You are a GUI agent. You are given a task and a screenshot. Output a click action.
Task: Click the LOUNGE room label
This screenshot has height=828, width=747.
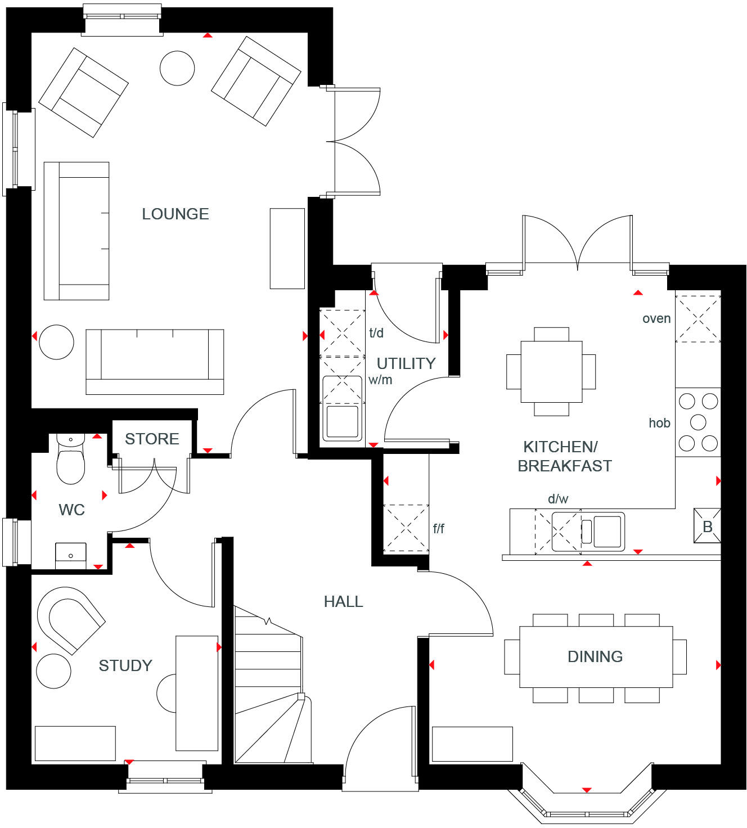pyautogui.click(x=175, y=214)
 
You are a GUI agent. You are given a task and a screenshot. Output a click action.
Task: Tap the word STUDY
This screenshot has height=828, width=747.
pyautogui.click(x=125, y=666)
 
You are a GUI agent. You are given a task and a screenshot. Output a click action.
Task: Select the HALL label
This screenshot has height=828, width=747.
pyautogui.click(x=343, y=602)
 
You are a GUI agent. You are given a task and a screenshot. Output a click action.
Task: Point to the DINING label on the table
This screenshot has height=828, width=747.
pyautogui.click(x=595, y=657)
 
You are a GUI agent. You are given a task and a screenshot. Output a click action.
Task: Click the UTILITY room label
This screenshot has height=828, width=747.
pyautogui.click(x=406, y=364)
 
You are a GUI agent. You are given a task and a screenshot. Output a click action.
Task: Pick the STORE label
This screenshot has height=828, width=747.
pyautogui.click(x=152, y=439)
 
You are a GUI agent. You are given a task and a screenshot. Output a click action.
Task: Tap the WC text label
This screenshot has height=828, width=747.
pyautogui.click(x=71, y=510)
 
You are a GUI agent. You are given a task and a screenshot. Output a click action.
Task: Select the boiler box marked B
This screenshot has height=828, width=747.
pyautogui.click(x=707, y=526)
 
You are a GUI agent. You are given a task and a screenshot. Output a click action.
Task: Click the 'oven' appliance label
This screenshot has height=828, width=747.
pyautogui.click(x=656, y=319)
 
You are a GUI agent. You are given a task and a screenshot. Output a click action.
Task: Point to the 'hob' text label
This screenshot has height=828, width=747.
pyautogui.click(x=659, y=423)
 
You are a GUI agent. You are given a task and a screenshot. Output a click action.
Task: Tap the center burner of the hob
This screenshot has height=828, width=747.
pyautogui.click(x=698, y=422)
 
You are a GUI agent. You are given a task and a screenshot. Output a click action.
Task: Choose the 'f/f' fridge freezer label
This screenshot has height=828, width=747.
pyautogui.click(x=439, y=529)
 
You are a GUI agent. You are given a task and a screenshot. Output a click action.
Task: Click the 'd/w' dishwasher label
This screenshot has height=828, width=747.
pyautogui.click(x=558, y=499)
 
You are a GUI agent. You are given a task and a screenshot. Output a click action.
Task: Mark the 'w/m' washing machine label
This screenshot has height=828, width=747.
pyautogui.click(x=380, y=380)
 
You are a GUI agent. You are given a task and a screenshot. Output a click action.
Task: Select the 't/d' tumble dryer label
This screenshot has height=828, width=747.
pyautogui.click(x=376, y=333)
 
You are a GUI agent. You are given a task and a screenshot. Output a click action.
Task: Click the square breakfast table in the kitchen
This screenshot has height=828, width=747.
pyautogui.click(x=551, y=371)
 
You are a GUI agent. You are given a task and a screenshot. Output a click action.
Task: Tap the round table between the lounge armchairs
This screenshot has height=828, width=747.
pyautogui.click(x=177, y=68)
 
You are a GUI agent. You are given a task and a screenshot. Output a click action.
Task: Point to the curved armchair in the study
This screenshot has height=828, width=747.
pyautogui.click(x=69, y=619)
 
